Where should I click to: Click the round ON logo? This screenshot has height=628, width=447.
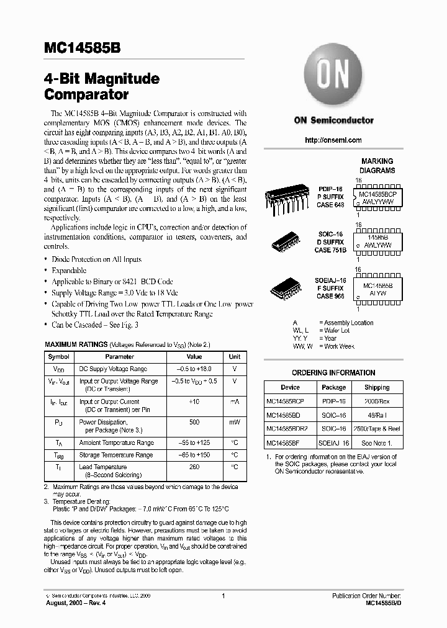tap(333, 78)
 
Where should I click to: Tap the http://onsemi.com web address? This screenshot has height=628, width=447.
tap(333, 140)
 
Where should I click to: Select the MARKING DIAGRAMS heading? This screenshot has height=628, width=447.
tap(377, 166)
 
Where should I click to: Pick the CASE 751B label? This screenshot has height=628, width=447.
tap(331, 250)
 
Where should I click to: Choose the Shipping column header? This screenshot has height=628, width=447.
tap(377, 387)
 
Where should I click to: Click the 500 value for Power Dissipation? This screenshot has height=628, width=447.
tap(194, 423)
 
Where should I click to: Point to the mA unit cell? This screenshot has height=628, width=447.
tap(235, 402)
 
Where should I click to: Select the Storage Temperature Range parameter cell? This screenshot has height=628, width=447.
tap(116, 455)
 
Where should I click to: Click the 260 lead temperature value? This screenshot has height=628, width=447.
tap(194, 467)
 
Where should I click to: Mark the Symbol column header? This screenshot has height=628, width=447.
tap(59, 357)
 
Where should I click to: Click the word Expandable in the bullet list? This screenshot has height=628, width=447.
tap(69, 271)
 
